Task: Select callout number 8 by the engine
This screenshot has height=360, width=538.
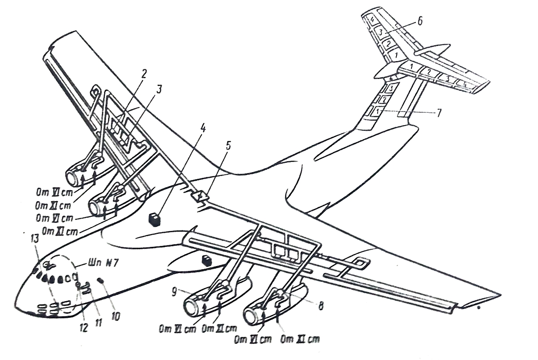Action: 321,306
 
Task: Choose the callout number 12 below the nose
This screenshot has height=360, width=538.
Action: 83,327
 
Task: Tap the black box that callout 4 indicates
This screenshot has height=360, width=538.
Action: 154,219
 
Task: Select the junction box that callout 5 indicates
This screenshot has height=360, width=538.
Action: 199,196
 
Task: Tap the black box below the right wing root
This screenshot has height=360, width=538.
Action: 206,261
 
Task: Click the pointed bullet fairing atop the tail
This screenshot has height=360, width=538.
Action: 435,49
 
